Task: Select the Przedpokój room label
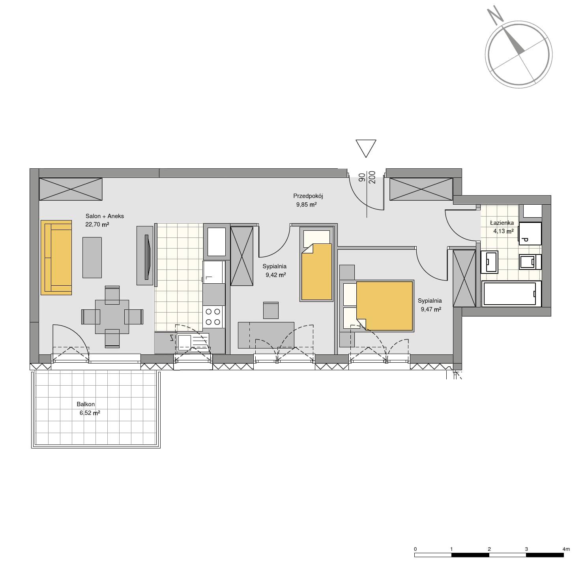click(x=308, y=196)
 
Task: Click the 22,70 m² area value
click(x=97, y=224)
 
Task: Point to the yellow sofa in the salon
click(x=56, y=258)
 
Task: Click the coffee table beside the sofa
click(x=92, y=257)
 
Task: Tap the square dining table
click(x=112, y=317)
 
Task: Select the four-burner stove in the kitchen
click(x=213, y=317)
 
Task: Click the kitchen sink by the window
click(x=193, y=342)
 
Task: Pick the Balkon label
click(x=86, y=404)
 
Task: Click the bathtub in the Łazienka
click(x=511, y=294)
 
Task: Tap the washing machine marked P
click(x=530, y=234)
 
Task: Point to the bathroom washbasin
click(x=489, y=262)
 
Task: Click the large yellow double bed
click(x=384, y=306)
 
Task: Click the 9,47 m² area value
click(x=431, y=309)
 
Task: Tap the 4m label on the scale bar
click(x=566, y=549)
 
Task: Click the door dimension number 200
click(x=372, y=177)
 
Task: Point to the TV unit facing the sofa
click(x=145, y=256)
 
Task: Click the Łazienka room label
click(x=502, y=223)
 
